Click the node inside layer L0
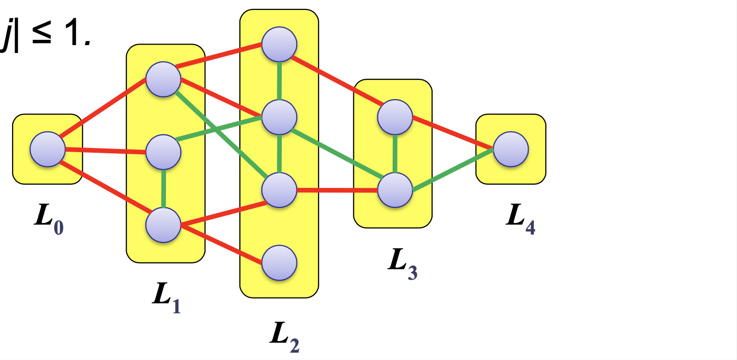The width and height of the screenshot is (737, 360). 47,150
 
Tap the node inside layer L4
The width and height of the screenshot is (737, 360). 511,149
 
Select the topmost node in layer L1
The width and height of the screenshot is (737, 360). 163,80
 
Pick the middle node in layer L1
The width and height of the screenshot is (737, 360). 163,152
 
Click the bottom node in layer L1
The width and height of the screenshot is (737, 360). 163,225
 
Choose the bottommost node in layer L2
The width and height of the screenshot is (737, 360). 280,263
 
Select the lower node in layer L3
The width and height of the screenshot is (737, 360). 395,190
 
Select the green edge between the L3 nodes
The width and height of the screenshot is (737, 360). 395,154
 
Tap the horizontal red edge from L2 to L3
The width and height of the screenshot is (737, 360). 337,190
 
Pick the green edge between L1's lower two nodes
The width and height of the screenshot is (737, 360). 163,189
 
